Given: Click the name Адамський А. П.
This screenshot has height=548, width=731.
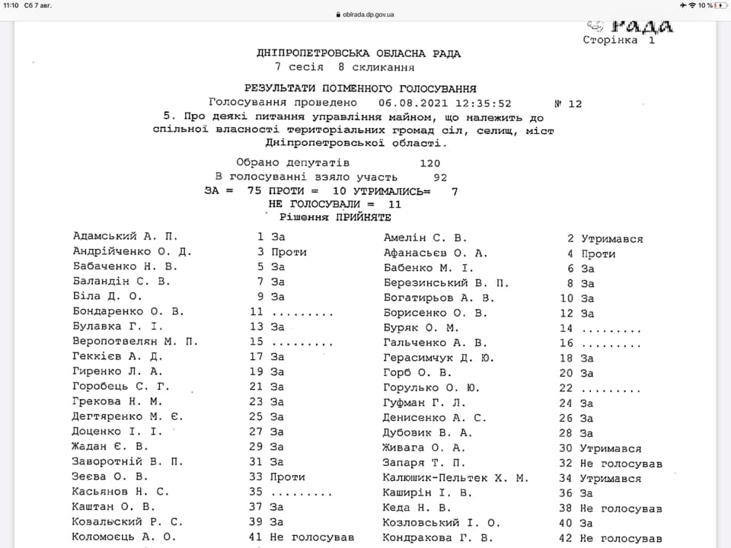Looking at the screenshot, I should (x=125, y=237).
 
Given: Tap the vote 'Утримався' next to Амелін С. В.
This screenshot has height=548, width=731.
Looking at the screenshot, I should (x=611, y=239).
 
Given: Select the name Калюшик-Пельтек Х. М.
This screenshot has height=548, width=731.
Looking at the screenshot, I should (x=455, y=478).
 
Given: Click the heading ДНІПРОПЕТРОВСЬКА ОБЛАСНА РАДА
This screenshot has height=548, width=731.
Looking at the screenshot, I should (x=359, y=53).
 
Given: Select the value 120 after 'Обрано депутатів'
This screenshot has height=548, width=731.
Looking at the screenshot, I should (x=429, y=163).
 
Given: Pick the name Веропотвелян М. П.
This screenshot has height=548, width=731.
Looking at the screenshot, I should (x=135, y=341).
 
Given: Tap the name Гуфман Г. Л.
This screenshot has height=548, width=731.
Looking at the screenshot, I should (x=423, y=403).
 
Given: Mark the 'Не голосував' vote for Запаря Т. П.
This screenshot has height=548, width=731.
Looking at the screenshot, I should (x=621, y=463).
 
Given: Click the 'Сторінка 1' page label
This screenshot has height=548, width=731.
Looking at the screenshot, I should (x=618, y=40).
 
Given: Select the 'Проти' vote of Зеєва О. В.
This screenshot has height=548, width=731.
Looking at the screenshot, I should (x=287, y=476).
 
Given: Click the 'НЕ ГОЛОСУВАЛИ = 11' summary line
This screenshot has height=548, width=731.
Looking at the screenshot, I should (x=335, y=204).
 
